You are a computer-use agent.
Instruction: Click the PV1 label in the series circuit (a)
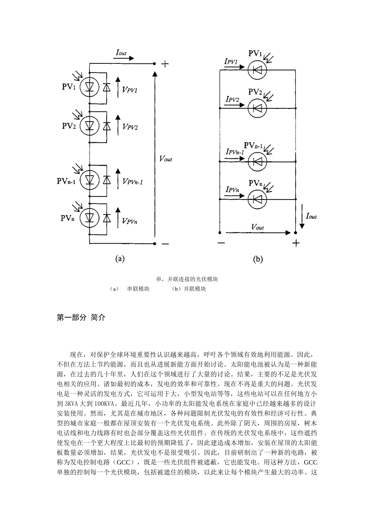(69, 87)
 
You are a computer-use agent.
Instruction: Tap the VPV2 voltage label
(130, 127)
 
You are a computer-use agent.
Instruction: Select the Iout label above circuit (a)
(121, 52)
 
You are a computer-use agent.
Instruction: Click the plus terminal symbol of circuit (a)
(165, 64)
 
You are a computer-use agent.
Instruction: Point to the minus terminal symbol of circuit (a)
(165, 244)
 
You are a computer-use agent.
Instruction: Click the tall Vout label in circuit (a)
(166, 159)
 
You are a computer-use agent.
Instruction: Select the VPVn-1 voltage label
(133, 181)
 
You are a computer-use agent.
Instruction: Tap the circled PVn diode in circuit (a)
(89, 218)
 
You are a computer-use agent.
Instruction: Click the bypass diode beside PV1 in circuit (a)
(107, 88)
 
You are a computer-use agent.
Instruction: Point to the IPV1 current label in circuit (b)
(231, 61)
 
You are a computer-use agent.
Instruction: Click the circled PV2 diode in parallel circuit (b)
(257, 108)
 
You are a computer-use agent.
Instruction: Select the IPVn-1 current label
(235, 151)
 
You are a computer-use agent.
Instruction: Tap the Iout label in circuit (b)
(311, 216)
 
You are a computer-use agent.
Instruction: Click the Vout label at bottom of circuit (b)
(257, 227)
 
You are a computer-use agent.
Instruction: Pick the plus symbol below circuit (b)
(296, 243)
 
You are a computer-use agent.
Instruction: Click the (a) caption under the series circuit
(120, 259)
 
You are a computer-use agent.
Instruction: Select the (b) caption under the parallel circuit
(258, 259)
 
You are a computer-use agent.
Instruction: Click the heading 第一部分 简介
(81, 318)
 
